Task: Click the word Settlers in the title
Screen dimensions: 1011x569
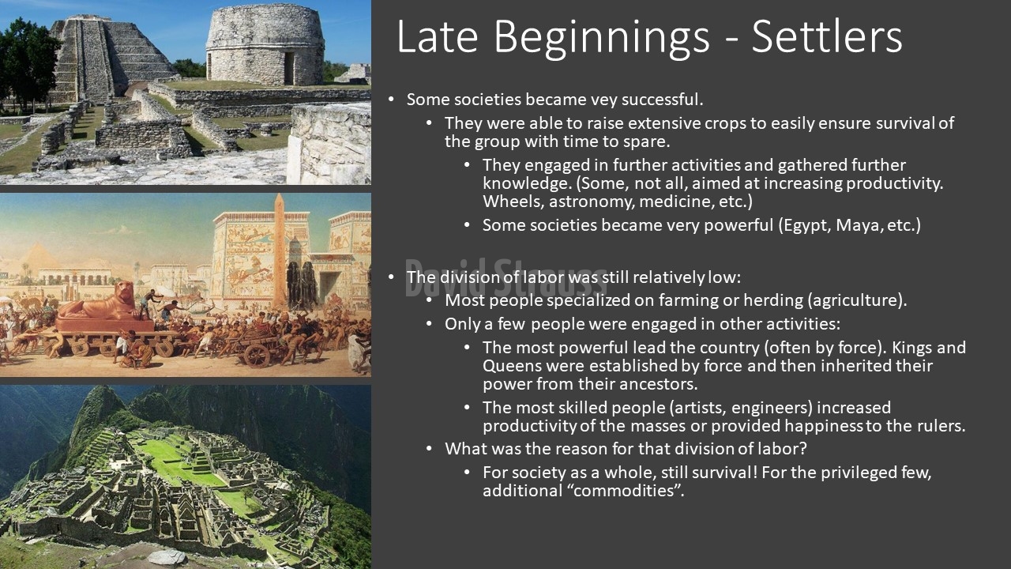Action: tap(827, 37)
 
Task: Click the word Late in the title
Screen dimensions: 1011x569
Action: tap(438, 37)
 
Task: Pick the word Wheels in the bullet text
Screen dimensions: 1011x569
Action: tap(513, 202)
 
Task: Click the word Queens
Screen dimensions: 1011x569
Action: tap(511, 366)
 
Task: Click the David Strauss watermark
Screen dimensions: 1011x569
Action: tap(505, 277)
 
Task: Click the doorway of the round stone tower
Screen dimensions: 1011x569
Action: tap(289, 68)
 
